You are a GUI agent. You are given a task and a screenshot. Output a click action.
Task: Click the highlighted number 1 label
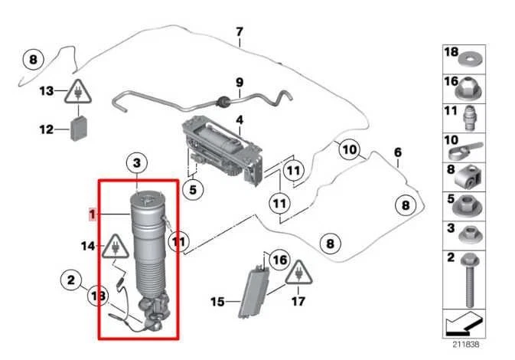point(93,215)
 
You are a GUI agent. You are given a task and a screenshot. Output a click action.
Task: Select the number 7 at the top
point(240,32)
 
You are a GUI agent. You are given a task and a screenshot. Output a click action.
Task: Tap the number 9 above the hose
point(239,82)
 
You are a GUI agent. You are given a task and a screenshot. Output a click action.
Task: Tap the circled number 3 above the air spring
point(135,162)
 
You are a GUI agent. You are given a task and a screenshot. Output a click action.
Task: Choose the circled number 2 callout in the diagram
point(71,281)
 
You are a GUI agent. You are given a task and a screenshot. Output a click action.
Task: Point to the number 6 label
point(397,153)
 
